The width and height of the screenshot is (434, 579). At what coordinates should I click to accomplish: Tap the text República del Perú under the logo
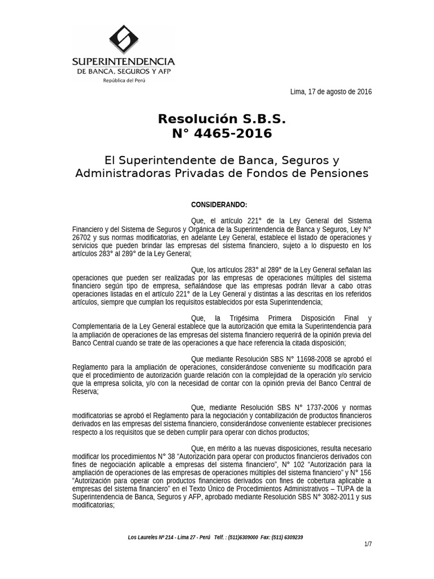coord(123,80)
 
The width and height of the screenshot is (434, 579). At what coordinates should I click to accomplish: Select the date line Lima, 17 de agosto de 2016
coord(331,92)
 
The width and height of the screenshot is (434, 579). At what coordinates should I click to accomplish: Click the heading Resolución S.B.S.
coord(222,119)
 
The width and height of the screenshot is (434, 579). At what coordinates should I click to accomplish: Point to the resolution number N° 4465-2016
coord(222,133)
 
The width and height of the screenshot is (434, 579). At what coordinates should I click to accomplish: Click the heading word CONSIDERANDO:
coord(219,205)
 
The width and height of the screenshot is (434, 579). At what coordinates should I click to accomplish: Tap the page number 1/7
coord(368,544)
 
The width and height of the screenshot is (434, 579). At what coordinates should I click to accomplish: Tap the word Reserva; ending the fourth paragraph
coord(85,391)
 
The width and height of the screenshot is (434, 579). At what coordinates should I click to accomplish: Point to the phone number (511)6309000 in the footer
coord(244,537)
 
